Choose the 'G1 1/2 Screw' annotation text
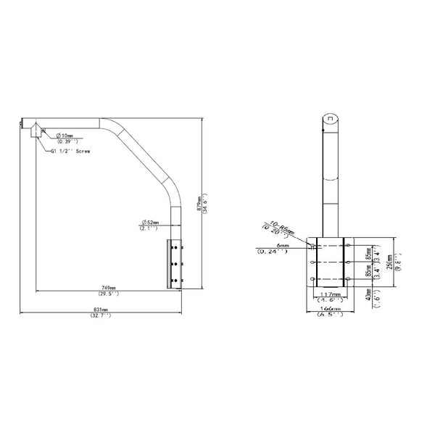[71, 152]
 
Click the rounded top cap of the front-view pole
[329, 118]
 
